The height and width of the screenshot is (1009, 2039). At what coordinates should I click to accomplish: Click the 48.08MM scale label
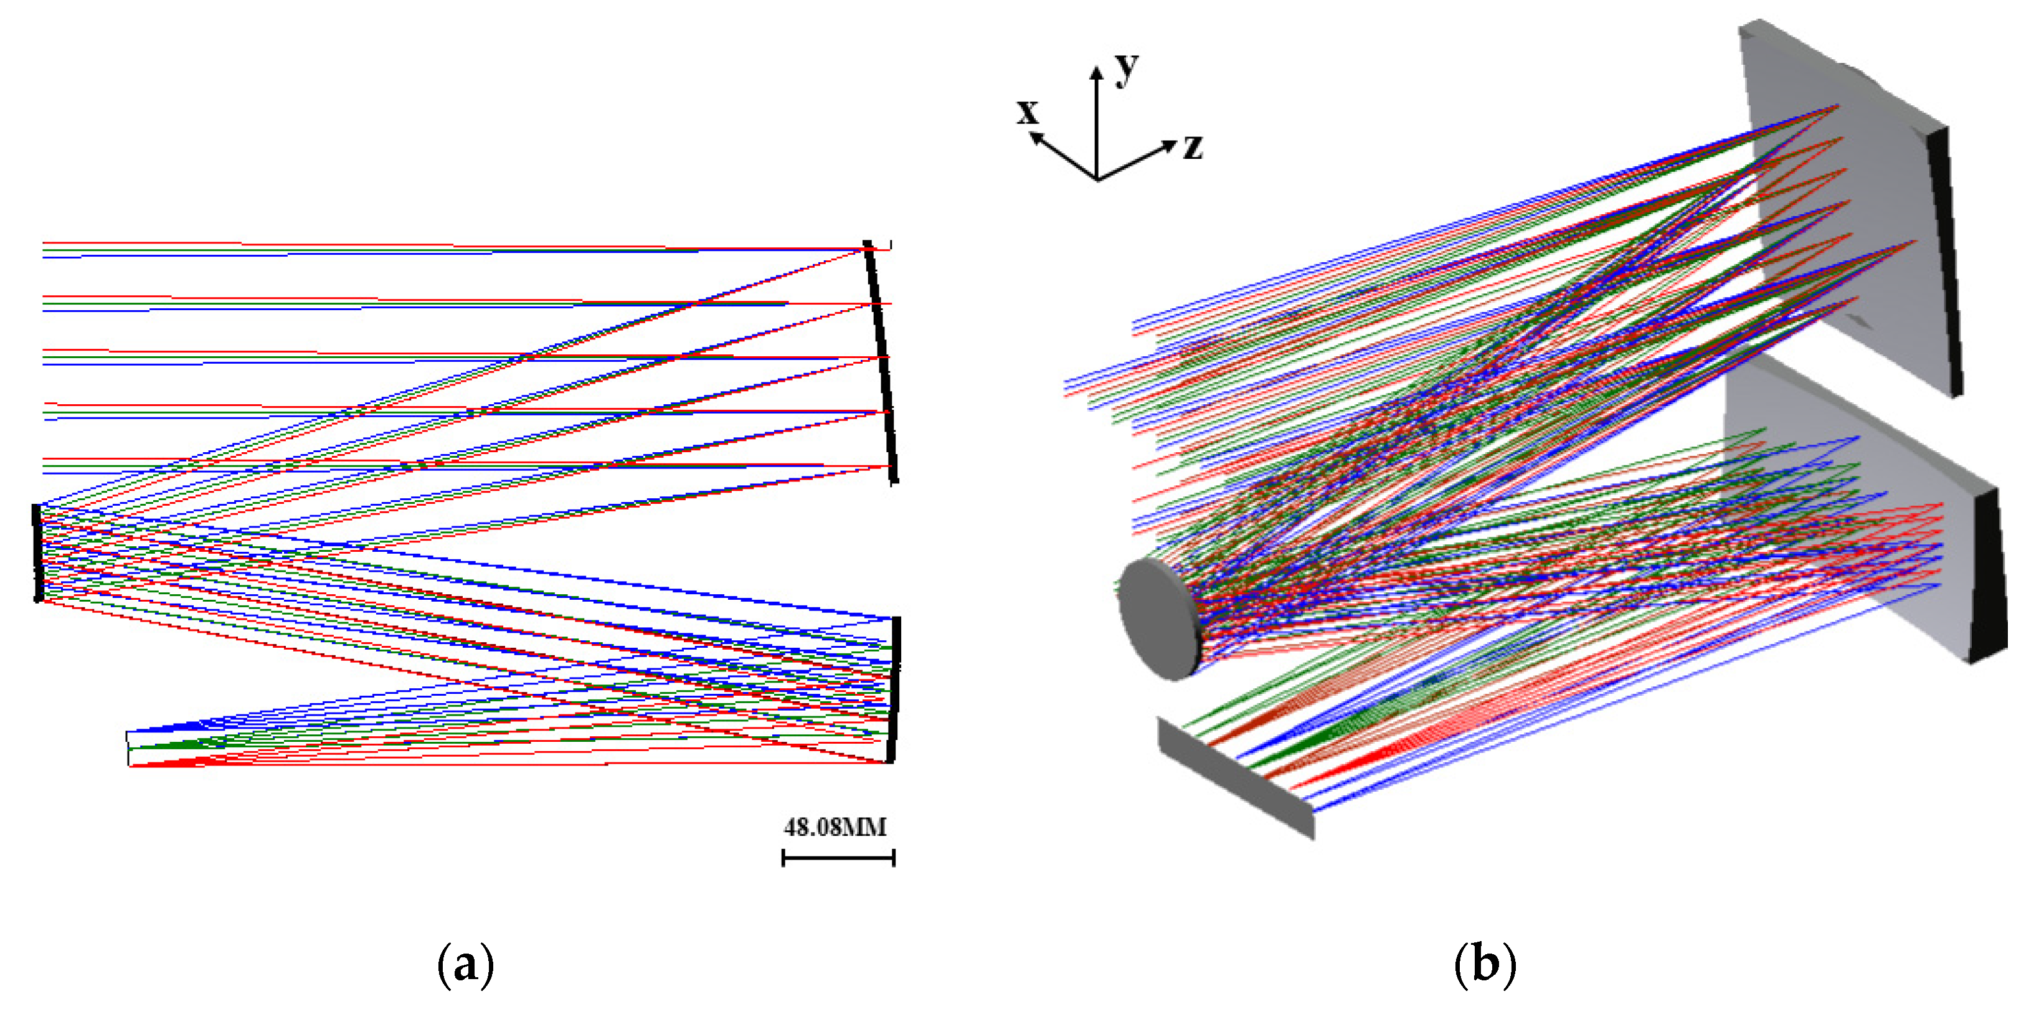(835, 828)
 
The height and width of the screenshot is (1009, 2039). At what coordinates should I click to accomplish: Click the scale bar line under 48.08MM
(838, 857)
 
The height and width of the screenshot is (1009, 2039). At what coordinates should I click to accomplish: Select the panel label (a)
(465, 965)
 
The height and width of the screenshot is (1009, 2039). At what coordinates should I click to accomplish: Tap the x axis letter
(1028, 112)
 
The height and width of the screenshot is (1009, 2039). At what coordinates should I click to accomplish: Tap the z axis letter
(1193, 147)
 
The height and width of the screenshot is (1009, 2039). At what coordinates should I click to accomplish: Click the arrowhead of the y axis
(1096, 72)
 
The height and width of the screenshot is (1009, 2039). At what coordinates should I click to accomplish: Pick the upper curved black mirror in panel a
(882, 360)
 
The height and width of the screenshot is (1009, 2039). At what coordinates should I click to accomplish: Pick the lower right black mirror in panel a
(894, 688)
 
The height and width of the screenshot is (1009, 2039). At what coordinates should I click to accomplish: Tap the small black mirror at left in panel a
(36, 552)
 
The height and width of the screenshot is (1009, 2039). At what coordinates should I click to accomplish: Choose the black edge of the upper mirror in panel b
(1944, 261)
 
